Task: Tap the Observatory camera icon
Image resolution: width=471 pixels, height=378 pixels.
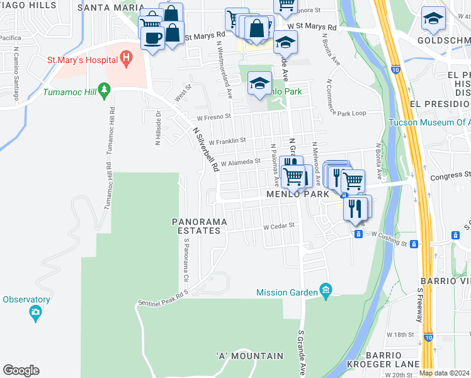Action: tap(35, 311)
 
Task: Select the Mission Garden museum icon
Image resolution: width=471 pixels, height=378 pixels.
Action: tap(326, 290)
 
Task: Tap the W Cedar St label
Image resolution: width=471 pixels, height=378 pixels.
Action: tap(279, 226)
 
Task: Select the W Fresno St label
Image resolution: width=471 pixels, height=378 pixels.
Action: tap(214, 117)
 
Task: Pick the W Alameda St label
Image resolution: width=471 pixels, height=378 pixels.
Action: tap(241, 162)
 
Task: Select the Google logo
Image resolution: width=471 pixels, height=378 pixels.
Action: tap(21, 370)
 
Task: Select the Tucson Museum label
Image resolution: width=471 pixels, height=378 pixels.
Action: tap(429, 122)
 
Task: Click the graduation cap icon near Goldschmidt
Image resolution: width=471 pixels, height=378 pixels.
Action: tap(433, 20)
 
